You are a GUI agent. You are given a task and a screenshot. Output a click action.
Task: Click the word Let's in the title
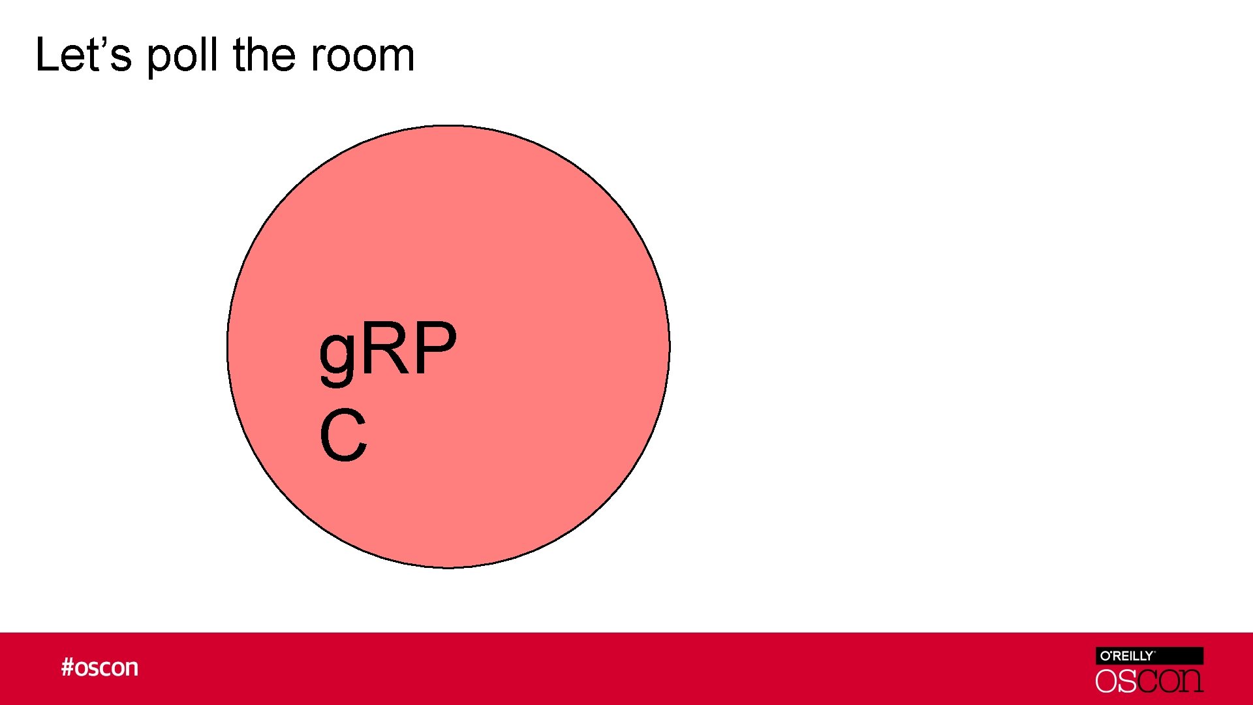coord(84,55)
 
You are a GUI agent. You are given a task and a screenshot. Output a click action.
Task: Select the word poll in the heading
coord(182,56)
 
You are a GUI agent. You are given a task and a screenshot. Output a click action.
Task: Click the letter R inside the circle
coord(388,349)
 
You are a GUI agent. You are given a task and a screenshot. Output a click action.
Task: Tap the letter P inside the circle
coord(435,349)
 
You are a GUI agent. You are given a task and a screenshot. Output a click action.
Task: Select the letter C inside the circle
coord(343,435)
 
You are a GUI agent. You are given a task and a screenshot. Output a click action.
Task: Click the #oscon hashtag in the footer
coord(100,668)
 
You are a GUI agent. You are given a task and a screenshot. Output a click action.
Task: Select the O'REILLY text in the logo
coord(1127,656)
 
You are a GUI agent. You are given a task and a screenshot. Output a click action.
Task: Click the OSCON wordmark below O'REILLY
coord(1149,681)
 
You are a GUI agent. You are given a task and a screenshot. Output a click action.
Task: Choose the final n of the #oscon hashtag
coord(132,668)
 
